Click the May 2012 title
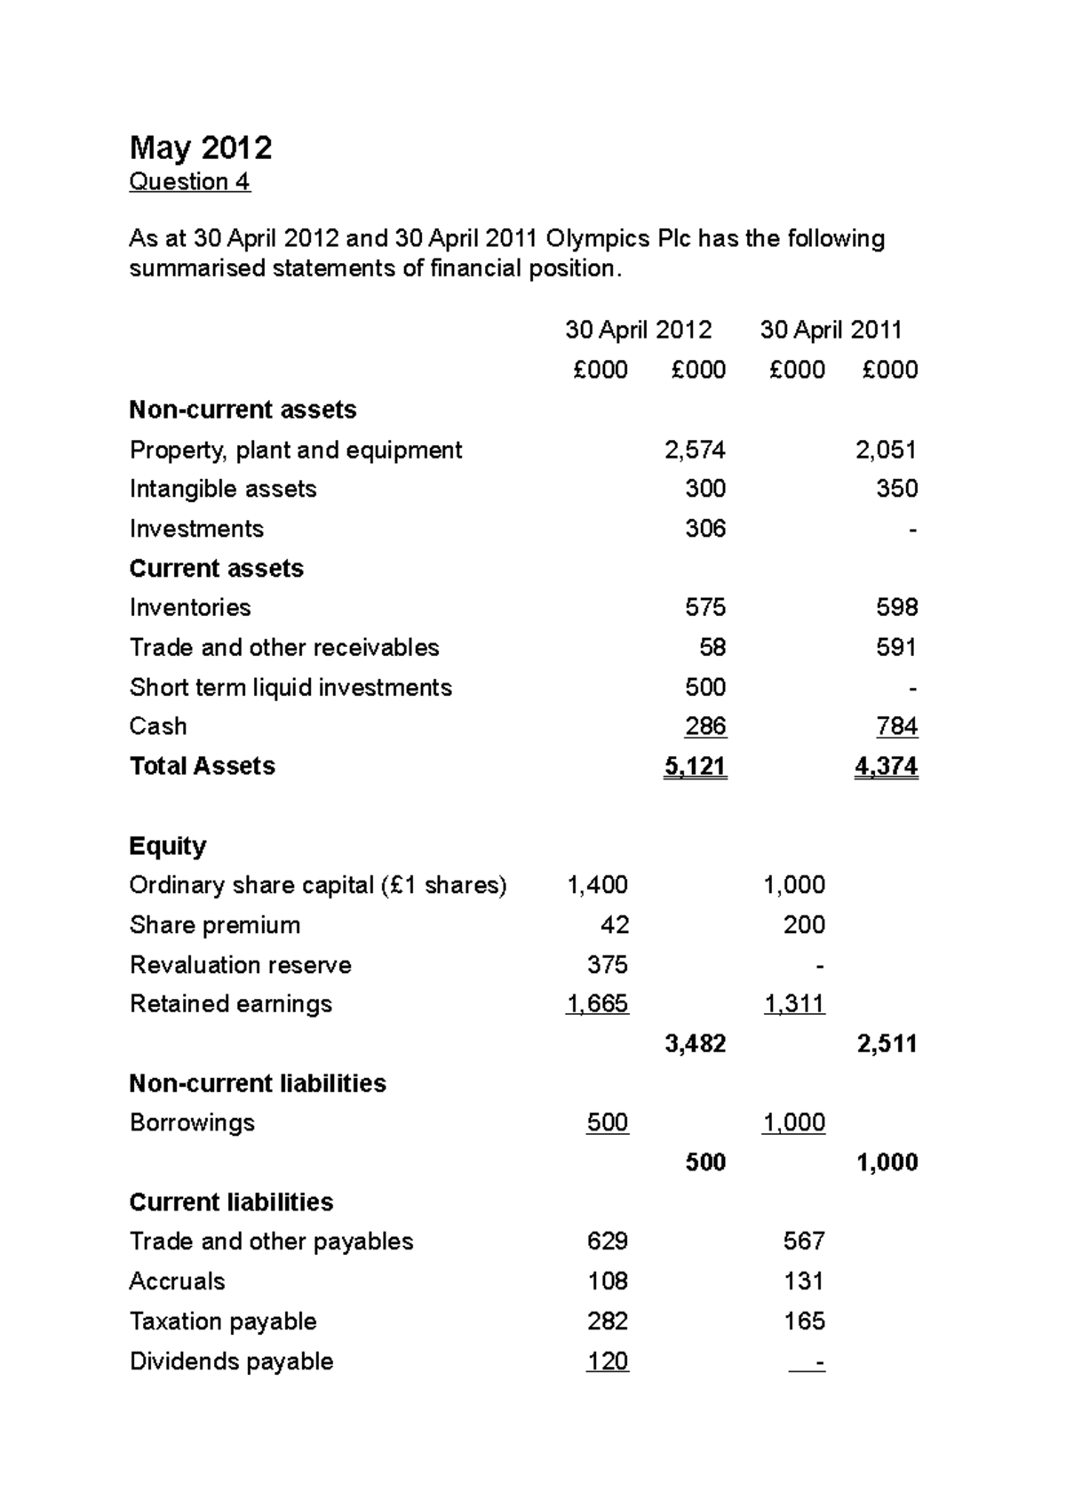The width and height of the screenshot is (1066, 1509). click(201, 148)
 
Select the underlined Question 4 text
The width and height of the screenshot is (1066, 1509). click(189, 182)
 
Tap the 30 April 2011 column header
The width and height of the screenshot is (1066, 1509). click(831, 331)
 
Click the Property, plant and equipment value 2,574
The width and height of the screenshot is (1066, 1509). click(695, 451)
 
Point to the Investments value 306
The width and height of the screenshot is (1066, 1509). click(705, 529)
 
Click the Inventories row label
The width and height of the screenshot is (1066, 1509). click(190, 608)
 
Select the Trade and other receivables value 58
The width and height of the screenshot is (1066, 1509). click(712, 648)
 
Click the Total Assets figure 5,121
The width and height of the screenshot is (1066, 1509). click(695, 766)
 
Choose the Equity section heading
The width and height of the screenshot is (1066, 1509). click(168, 846)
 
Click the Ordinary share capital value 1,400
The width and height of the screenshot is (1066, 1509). click(597, 885)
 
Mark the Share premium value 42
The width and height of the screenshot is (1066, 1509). click(615, 925)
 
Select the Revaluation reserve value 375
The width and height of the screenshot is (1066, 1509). click(608, 965)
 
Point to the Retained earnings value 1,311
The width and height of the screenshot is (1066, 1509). click(794, 1004)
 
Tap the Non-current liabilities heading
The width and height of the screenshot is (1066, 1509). click(258, 1083)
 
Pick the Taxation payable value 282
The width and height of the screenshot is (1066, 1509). click(608, 1321)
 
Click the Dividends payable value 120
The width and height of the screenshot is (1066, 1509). click(608, 1361)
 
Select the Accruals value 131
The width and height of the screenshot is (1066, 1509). click(804, 1281)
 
